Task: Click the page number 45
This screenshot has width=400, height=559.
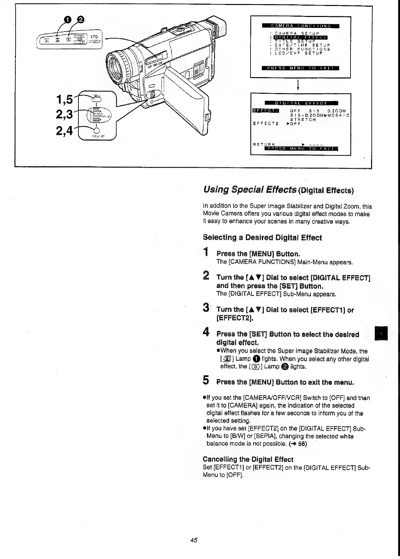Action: pos(194,540)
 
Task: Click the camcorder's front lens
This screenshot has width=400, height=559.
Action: pos(116,67)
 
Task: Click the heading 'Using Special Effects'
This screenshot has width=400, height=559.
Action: pos(250,190)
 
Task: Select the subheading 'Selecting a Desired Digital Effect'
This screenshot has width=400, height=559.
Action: pos(262,238)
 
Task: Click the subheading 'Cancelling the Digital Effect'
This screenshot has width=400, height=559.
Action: pos(248,460)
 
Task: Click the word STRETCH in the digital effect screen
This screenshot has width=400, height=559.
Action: pos(303,119)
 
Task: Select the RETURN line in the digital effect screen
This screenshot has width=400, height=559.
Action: pos(264,144)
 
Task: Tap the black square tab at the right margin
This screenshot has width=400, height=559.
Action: pos(381,333)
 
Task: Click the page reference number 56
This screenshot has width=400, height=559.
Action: pos(302,444)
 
